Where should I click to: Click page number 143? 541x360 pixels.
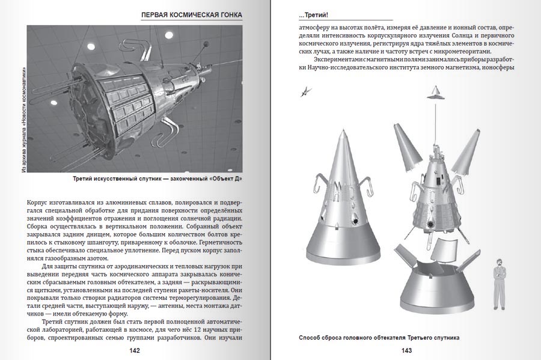click(x=407, y=350)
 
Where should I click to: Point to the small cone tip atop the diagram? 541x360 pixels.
click(x=434, y=92)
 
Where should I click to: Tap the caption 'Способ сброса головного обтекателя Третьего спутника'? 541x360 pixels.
click(x=379, y=337)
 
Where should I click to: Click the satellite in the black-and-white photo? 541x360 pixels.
click(x=132, y=96)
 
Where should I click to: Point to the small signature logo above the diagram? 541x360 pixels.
click(x=307, y=91)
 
